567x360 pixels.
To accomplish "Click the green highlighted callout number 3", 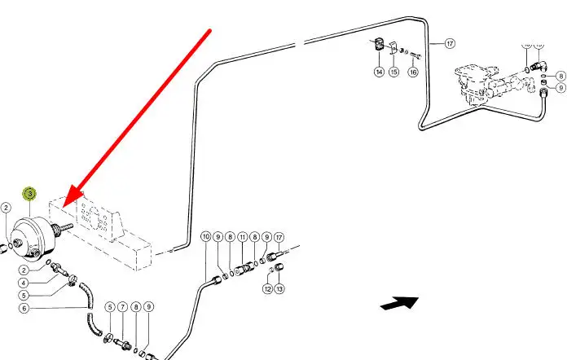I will tap(30, 194).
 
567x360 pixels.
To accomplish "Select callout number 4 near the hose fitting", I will tap(24, 283).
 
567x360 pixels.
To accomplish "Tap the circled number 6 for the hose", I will tap(24, 308).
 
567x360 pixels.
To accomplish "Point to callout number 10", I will tap(205, 237).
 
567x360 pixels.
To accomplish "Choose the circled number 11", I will tap(242, 237).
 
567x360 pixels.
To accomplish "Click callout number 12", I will tap(267, 289).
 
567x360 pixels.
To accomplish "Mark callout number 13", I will tap(279, 289).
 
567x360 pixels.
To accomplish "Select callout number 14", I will tap(379, 72).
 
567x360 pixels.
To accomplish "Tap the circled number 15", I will tap(395, 72).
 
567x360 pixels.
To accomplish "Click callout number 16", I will tap(413, 72).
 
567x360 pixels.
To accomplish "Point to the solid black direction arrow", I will tap(399, 304).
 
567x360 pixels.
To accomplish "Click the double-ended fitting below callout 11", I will tap(243, 266).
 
